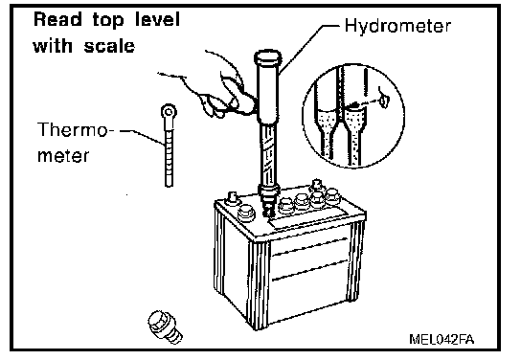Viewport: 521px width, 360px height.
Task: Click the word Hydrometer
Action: [397, 26]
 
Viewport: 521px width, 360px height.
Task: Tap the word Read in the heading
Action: [57, 19]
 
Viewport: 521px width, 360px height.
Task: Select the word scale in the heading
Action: [109, 46]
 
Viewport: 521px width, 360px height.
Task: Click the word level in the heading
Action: [157, 19]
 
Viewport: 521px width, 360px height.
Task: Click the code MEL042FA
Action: [442, 339]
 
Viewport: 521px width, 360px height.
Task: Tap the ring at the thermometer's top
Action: [169, 111]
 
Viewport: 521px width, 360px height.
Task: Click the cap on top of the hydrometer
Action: [268, 58]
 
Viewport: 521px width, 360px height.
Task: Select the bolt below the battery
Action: [165, 326]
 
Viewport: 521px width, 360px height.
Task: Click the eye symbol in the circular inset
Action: [384, 100]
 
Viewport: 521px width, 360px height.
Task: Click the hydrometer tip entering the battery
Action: [268, 205]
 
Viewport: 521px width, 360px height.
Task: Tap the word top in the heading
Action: [108, 21]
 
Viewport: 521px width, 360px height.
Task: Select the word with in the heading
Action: [53, 46]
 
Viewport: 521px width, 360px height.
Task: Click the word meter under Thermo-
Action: [63, 155]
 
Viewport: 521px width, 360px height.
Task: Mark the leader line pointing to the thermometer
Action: [142, 136]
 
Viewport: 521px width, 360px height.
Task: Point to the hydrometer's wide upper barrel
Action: [268, 93]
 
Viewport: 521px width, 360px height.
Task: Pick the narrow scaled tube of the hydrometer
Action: [268, 154]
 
